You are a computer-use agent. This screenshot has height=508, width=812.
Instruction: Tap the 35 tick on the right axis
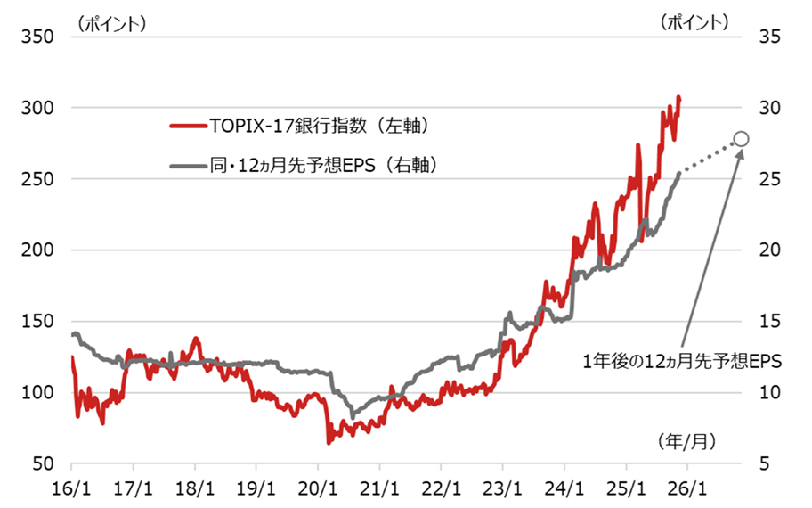[771, 37]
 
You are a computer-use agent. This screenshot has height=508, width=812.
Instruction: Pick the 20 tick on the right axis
[771, 250]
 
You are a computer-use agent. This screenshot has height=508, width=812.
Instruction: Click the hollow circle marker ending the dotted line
[741, 139]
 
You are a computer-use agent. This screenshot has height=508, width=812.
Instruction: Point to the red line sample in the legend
[186, 127]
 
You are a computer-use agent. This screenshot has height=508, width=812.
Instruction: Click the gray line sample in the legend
[186, 165]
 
